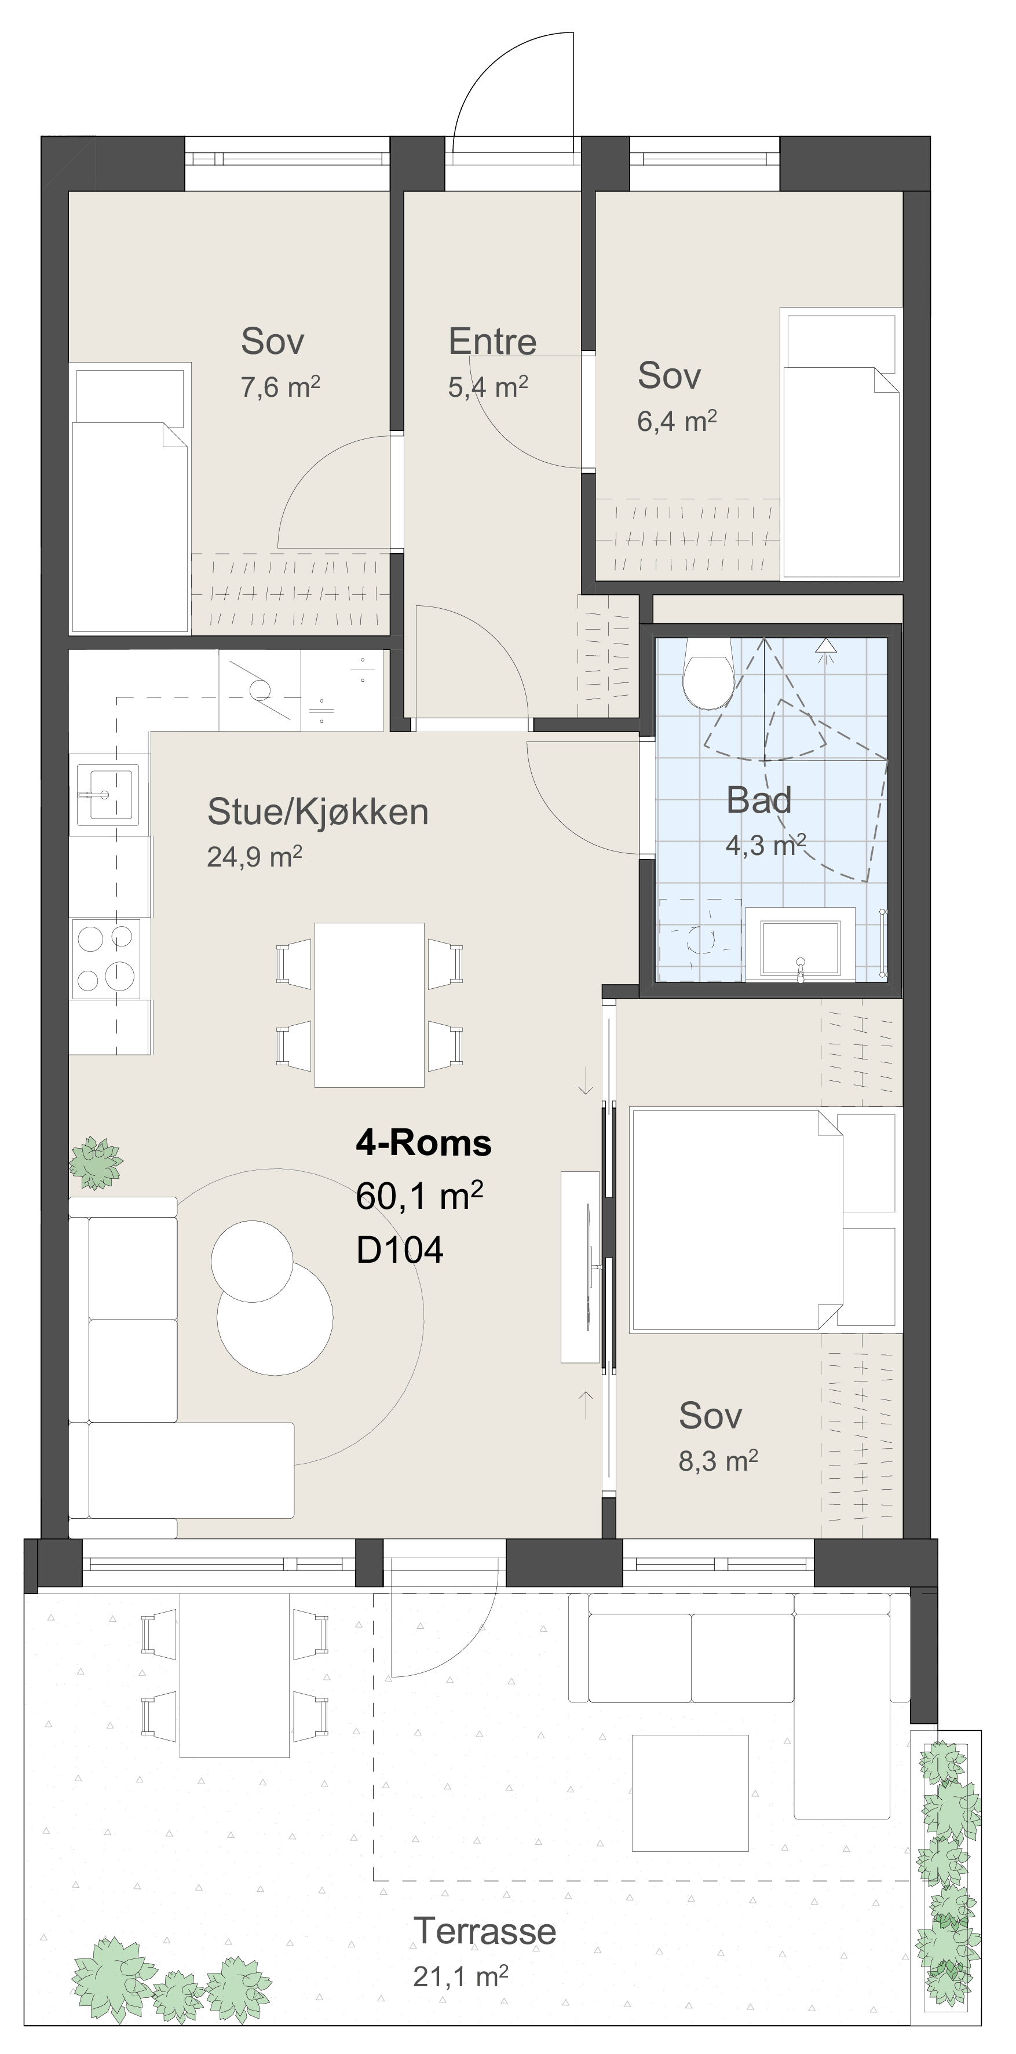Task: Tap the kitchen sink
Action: click(108, 794)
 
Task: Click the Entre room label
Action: click(492, 341)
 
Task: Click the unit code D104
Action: click(400, 1249)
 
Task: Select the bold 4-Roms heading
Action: click(423, 1143)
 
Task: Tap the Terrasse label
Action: click(485, 1931)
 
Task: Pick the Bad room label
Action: click(758, 800)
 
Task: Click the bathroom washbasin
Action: click(800, 946)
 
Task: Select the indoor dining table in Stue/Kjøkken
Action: click(369, 1004)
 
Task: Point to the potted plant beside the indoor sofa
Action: click(96, 1163)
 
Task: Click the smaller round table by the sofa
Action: click(252, 1260)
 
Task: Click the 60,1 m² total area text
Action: click(419, 1196)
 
